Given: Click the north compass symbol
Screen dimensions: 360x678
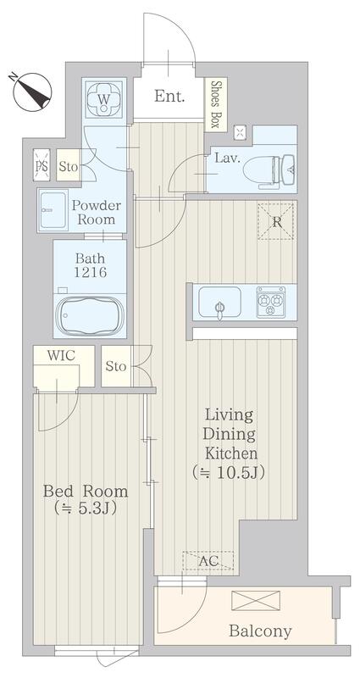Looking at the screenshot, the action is pos(31,92).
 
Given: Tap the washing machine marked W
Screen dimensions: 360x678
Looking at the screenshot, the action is pos(103,99).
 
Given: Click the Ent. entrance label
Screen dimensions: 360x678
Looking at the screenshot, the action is pos(169,96).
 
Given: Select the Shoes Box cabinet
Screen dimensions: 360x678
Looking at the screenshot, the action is pos(216,104).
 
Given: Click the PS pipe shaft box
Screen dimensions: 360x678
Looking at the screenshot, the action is pos(42,164).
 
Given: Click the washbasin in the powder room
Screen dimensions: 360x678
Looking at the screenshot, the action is pos(53,210).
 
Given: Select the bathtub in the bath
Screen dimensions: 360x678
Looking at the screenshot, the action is pos(91,314).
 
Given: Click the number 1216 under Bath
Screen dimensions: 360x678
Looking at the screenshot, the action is pos(90,272).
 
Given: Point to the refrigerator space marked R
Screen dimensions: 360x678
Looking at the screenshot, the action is pos(276,221).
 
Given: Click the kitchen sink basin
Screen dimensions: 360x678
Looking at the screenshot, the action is pos(219,302).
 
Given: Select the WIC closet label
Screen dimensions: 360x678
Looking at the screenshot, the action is pos(61,356).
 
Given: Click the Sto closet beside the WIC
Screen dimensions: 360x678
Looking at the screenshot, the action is pos(116,367).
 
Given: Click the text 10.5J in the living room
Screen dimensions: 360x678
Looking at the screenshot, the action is pos(238,473).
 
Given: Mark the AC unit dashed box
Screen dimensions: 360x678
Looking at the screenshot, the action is pos(208,560).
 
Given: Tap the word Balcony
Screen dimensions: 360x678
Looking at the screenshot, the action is pos(260,631).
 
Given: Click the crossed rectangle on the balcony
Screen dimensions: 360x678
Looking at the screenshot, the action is pos(256,601).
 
